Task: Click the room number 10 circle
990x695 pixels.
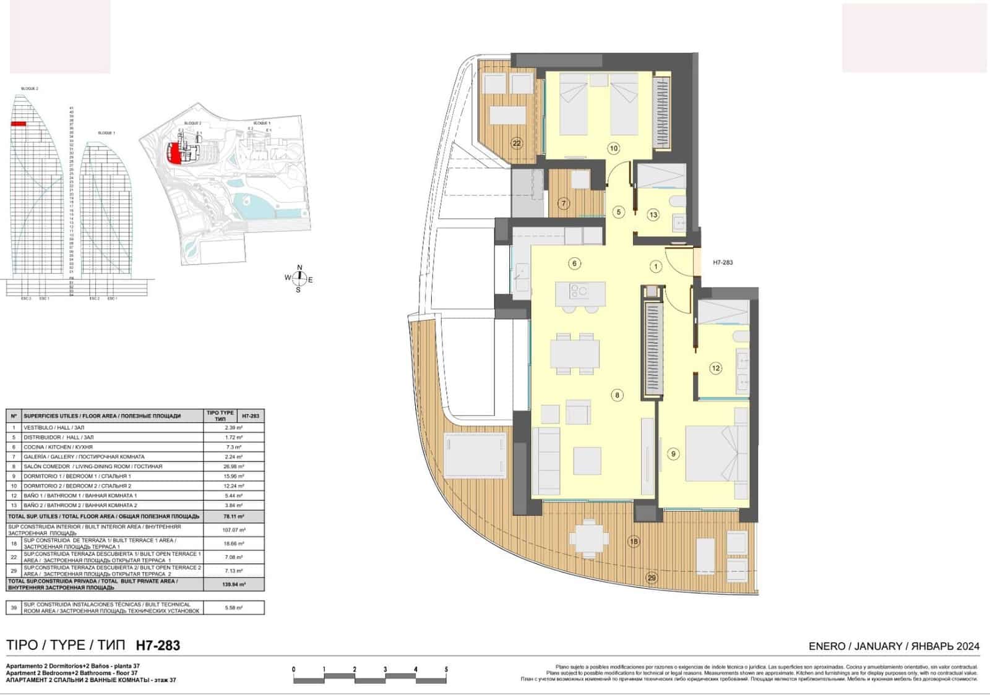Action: pyautogui.click(x=613, y=148)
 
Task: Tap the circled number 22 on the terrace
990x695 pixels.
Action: pyautogui.click(x=517, y=143)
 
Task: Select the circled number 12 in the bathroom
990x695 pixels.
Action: pyautogui.click(x=715, y=368)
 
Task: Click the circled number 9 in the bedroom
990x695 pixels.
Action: pyautogui.click(x=673, y=454)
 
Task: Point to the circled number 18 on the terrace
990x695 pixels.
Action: pyautogui.click(x=634, y=542)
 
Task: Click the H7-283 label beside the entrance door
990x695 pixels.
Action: pyautogui.click(x=723, y=262)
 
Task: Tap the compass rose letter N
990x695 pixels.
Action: pyautogui.click(x=299, y=268)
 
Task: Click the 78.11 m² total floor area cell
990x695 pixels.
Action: pyautogui.click(x=234, y=516)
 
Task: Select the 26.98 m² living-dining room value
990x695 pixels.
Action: pyautogui.click(x=234, y=466)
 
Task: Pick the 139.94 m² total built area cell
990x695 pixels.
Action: pyautogui.click(x=234, y=584)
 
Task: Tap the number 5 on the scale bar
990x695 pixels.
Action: pyautogui.click(x=446, y=669)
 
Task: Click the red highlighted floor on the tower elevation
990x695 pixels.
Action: pyautogui.click(x=18, y=124)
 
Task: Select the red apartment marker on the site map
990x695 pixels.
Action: pyautogui.click(x=175, y=153)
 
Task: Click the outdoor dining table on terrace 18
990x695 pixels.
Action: pyautogui.click(x=588, y=537)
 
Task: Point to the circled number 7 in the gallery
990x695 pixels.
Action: pyautogui.click(x=563, y=203)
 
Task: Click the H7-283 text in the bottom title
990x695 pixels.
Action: pyautogui.click(x=158, y=646)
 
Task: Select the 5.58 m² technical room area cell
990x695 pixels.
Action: pyautogui.click(x=234, y=608)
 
